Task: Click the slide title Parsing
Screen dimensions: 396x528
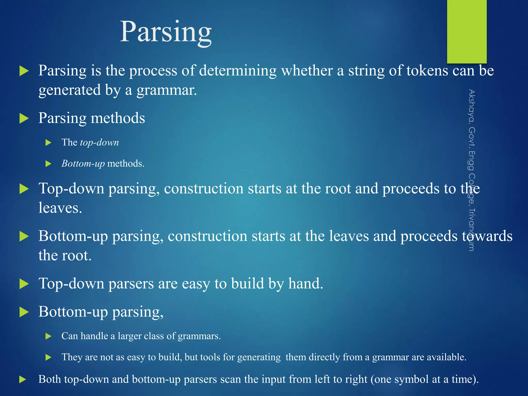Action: (x=166, y=32)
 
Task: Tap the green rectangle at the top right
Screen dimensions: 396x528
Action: (x=467, y=31)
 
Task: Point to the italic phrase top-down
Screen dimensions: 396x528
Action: (x=100, y=143)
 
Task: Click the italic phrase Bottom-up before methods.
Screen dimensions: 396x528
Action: (x=83, y=164)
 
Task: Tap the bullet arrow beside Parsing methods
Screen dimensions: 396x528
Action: (x=24, y=119)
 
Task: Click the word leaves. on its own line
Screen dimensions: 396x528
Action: (x=60, y=208)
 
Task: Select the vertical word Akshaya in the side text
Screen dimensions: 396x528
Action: (x=472, y=106)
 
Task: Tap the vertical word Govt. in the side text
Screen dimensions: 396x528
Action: (x=472, y=137)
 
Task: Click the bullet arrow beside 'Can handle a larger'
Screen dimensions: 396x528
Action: (x=48, y=336)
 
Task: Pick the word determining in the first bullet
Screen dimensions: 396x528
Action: (x=238, y=71)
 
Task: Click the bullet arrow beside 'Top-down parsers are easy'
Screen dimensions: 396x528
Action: (x=24, y=284)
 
